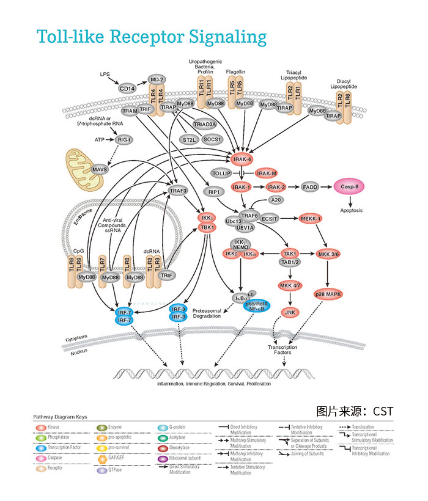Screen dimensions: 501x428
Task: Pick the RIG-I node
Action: [125, 139]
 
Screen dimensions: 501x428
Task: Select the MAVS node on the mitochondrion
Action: [99, 169]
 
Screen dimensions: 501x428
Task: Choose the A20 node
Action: [276, 200]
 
